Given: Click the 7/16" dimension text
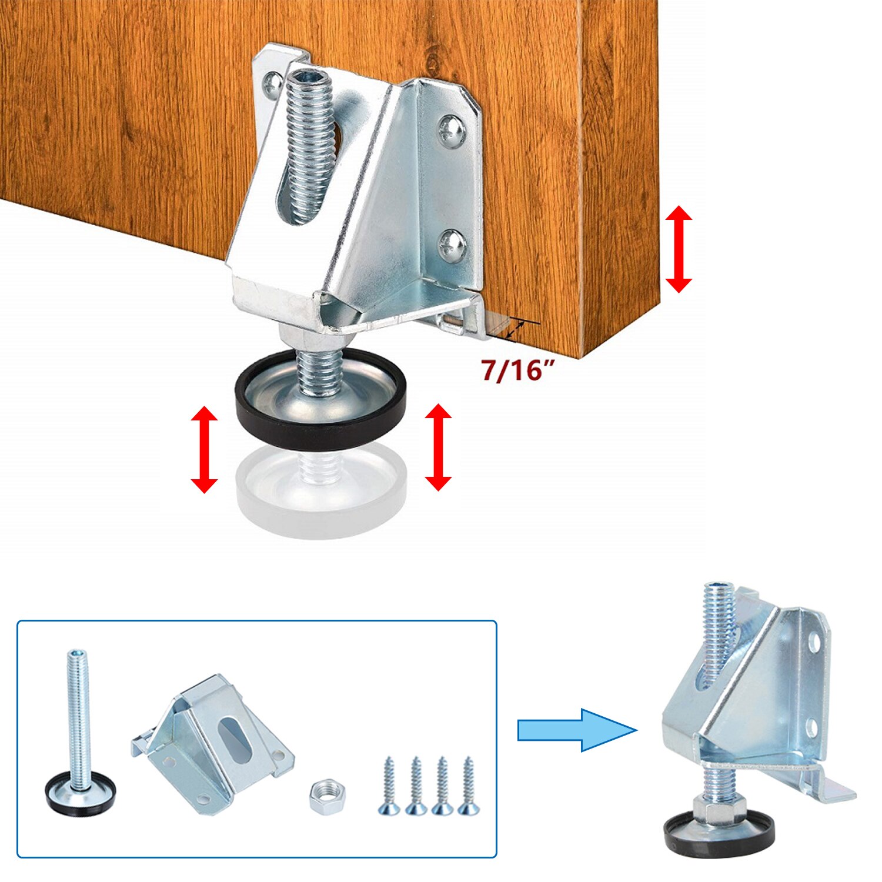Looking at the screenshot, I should point(518,370).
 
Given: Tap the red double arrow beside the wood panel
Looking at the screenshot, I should point(679,249).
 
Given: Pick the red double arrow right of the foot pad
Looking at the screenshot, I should point(438,447).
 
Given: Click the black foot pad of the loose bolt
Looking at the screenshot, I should point(81,795).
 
